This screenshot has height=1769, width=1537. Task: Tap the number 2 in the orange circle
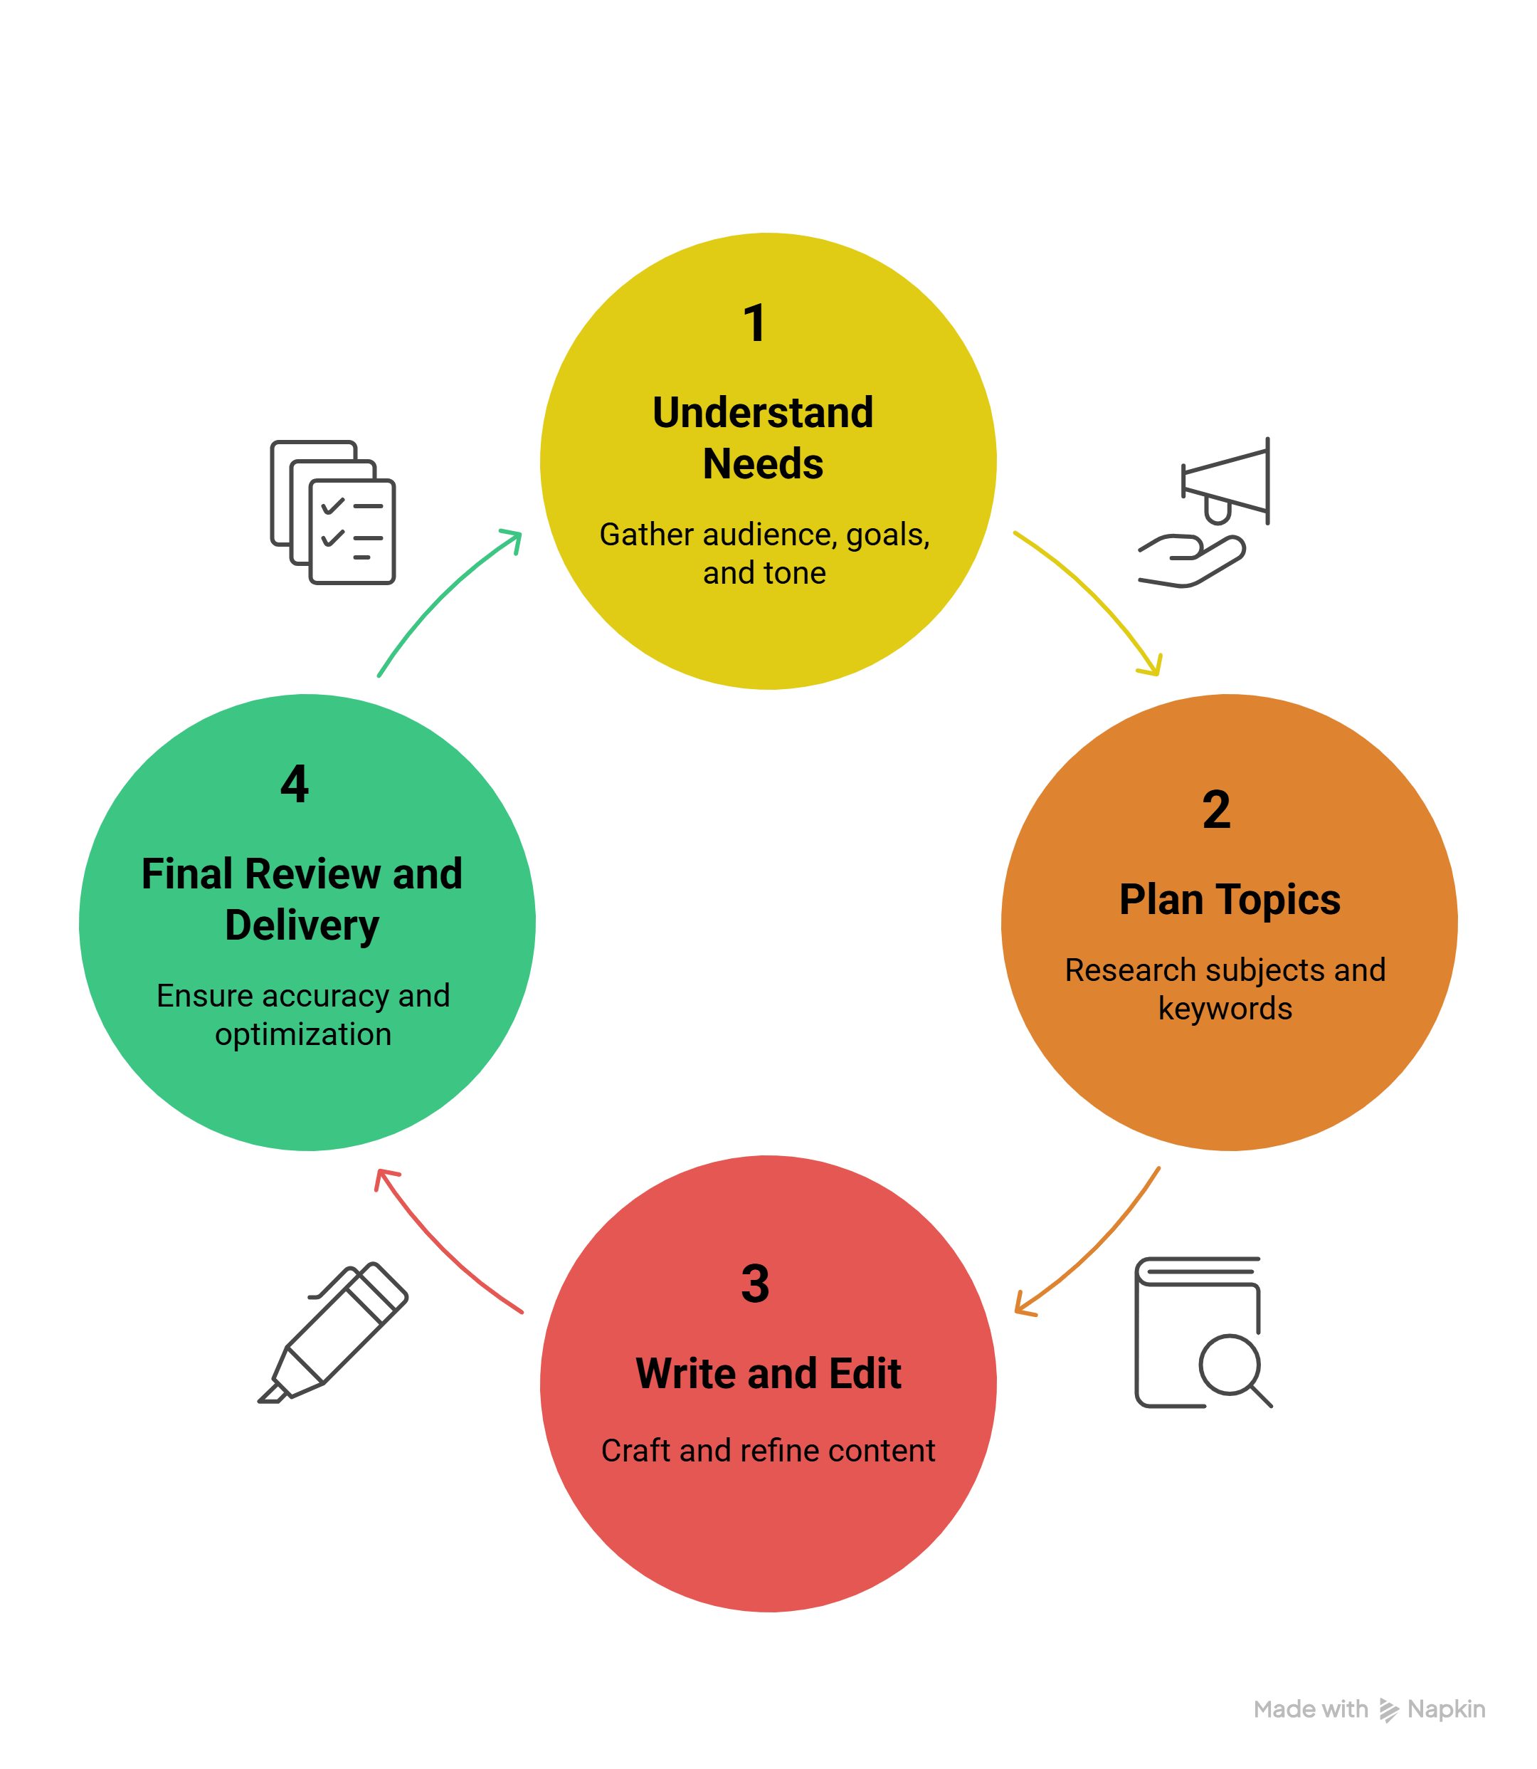[x=1215, y=810]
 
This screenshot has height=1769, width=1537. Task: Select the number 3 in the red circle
[x=755, y=1284]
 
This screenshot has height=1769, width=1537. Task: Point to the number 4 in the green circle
[x=294, y=784]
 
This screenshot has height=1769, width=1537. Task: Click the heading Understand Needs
[x=763, y=438]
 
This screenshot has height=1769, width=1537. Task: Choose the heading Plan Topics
[x=1229, y=900]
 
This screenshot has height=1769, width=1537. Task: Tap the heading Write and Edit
[x=768, y=1373]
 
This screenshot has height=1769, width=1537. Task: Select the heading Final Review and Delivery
[x=302, y=899]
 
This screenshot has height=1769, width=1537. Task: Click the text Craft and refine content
[x=768, y=1451]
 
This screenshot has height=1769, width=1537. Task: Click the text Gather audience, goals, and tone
[x=764, y=553]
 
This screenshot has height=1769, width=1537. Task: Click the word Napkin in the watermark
[x=1446, y=1709]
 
